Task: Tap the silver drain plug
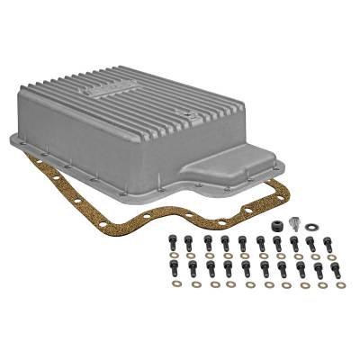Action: coord(293,223)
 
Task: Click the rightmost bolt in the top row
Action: coord(328,242)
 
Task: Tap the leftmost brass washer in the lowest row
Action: coord(176,283)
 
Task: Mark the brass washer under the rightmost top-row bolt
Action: coord(329,256)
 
